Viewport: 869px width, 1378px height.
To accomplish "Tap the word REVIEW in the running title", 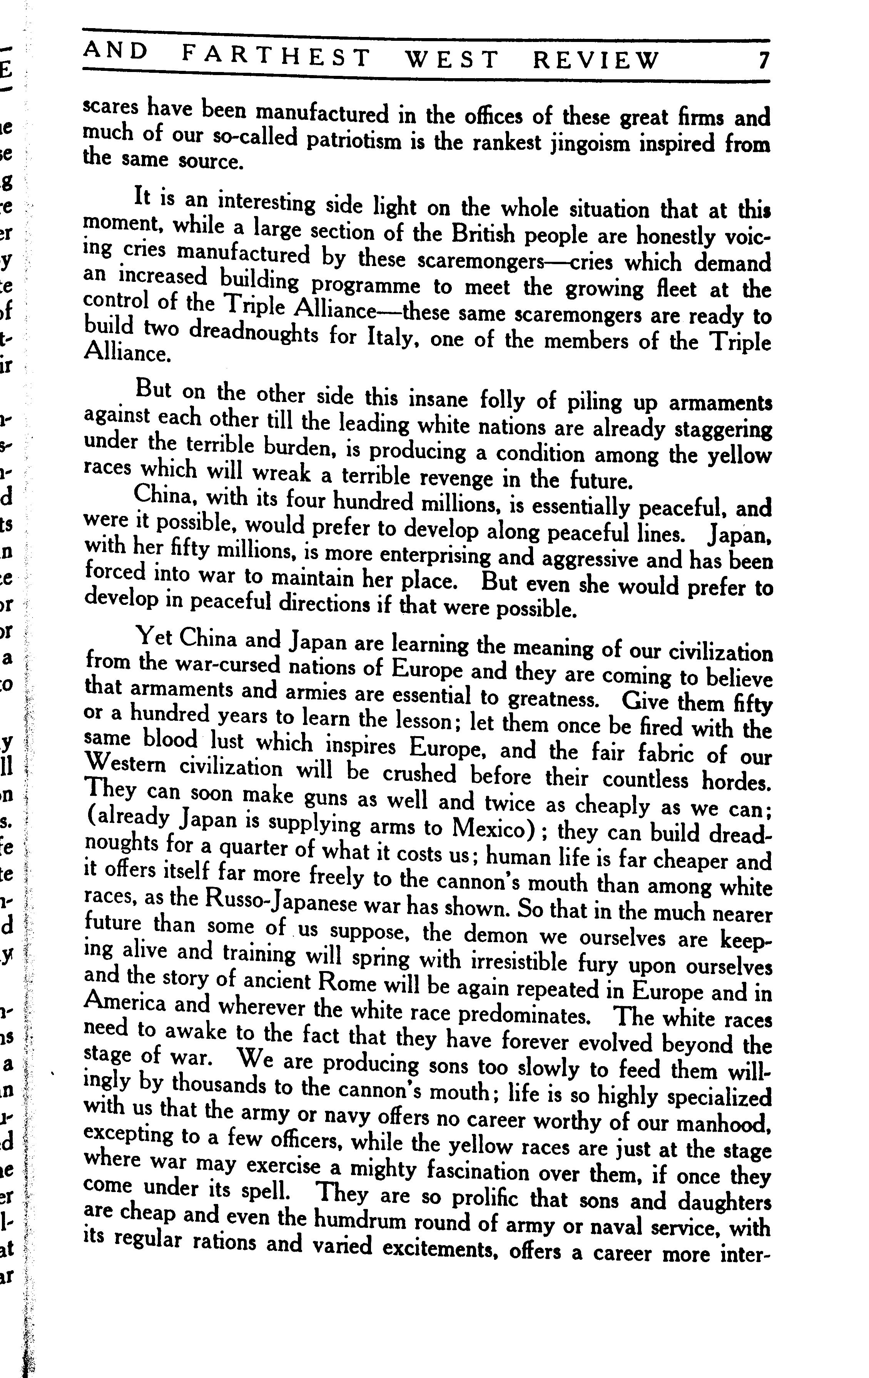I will pyautogui.click(x=596, y=59).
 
